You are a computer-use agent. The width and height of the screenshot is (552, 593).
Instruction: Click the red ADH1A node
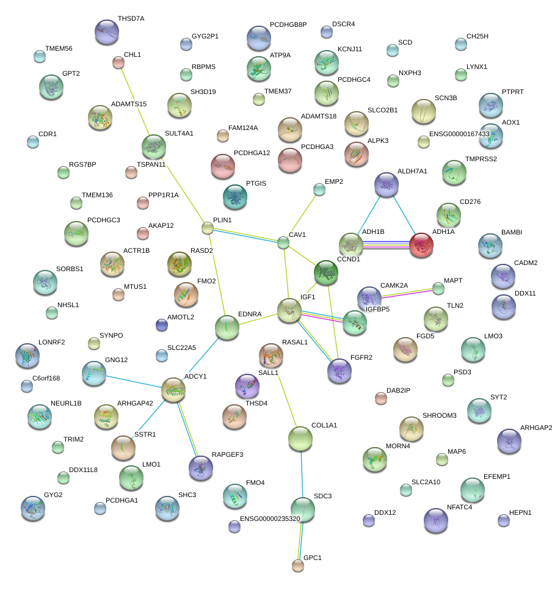click(421, 245)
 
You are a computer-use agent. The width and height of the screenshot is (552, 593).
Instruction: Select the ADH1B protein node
click(351, 245)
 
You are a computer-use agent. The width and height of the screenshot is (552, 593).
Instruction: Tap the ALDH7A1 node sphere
click(386, 184)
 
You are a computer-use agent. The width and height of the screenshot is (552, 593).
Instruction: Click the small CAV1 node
click(283, 243)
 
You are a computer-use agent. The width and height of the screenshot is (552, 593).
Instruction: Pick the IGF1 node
click(289, 310)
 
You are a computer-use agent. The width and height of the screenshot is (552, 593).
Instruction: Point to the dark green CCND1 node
click(326, 272)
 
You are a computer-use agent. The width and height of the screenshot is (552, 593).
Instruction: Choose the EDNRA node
click(227, 328)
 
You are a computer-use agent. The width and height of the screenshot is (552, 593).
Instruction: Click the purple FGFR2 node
click(340, 371)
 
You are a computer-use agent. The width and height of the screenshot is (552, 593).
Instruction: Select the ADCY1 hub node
click(173, 390)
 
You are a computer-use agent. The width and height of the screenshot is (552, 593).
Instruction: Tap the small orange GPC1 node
click(298, 566)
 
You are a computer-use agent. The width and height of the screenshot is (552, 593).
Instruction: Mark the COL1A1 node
click(300, 438)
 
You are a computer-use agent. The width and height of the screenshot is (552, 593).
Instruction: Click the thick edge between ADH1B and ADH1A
click(386, 245)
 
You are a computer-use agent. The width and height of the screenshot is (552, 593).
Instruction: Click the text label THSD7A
click(131, 19)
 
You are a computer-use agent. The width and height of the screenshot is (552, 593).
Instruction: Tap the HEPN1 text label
click(520, 512)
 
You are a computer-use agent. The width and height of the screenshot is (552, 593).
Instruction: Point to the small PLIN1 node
click(208, 228)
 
